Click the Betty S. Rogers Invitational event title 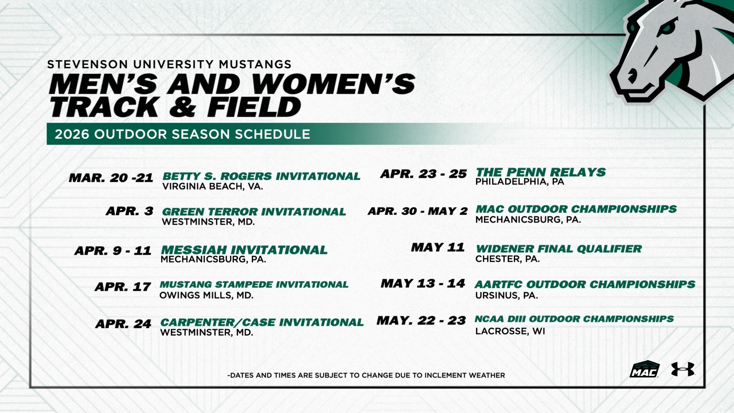(261, 176)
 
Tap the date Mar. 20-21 (111, 178)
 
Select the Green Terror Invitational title (254, 212)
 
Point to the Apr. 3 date (130, 211)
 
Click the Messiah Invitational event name (244, 250)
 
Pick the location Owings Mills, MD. (206, 296)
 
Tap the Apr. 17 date (123, 287)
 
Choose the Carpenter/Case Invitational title (262, 322)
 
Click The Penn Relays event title (541, 172)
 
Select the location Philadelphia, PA (520, 182)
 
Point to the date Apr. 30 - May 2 (418, 211)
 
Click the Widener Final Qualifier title (559, 249)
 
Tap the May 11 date (438, 248)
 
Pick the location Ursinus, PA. (506, 296)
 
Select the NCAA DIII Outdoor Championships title (574, 319)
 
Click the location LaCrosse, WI (510, 331)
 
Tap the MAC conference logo (644, 369)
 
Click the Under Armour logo (683, 369)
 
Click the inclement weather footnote (366, 375)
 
